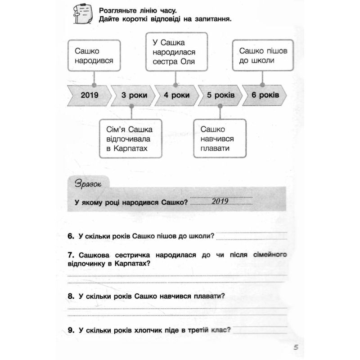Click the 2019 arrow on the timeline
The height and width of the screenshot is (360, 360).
(x=90, y=95)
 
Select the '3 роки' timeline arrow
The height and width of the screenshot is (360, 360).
(x=133, y=95)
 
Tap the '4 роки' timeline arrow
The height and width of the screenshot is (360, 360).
(x=176, y=95)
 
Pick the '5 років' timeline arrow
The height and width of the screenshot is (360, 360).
(x=220, y=95)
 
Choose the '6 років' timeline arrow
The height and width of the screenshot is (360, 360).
(x=265, y=95)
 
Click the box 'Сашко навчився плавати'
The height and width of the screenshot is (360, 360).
(x=220, y=138)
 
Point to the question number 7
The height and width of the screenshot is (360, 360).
(x=70, y=255)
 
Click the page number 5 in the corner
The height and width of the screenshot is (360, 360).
(x=295, y=347)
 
